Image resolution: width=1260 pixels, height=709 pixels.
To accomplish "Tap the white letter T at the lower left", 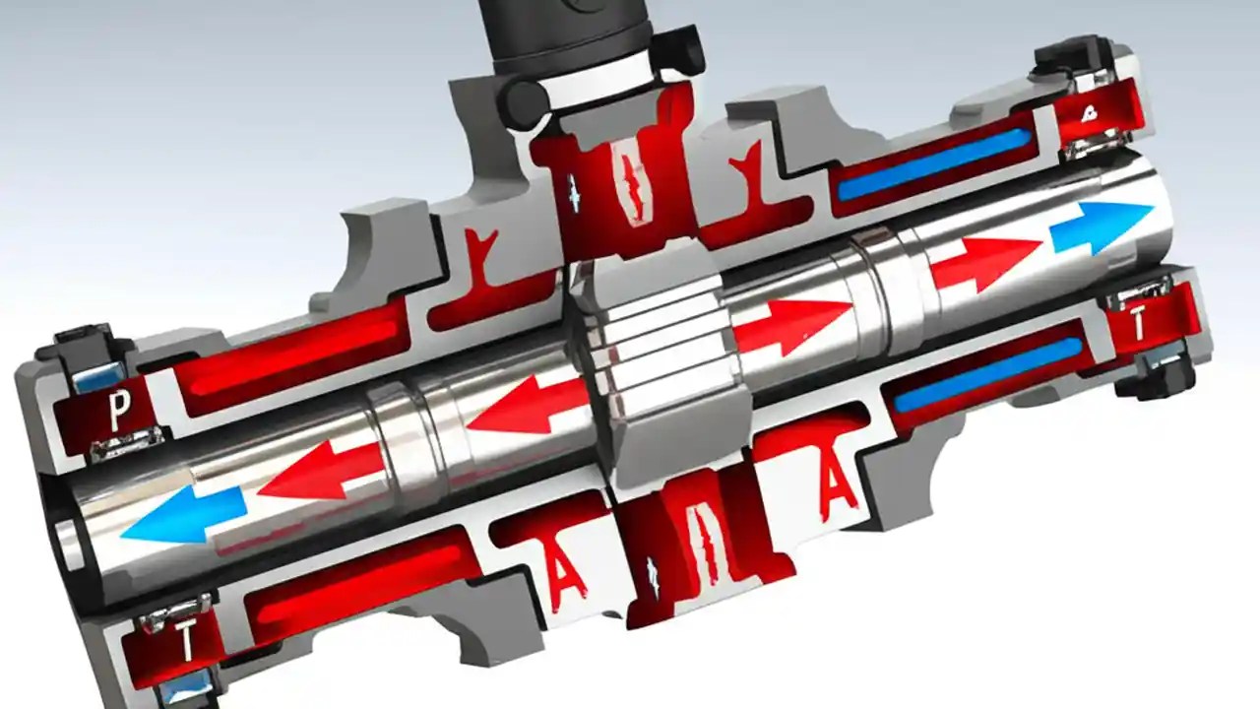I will point(187,645).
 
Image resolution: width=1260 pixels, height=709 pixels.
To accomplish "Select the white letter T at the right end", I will point(1138,325).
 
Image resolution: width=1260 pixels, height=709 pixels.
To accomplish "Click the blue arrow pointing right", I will point(1100,226).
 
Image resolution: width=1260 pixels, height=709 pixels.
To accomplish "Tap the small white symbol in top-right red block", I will point(1088,114).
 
